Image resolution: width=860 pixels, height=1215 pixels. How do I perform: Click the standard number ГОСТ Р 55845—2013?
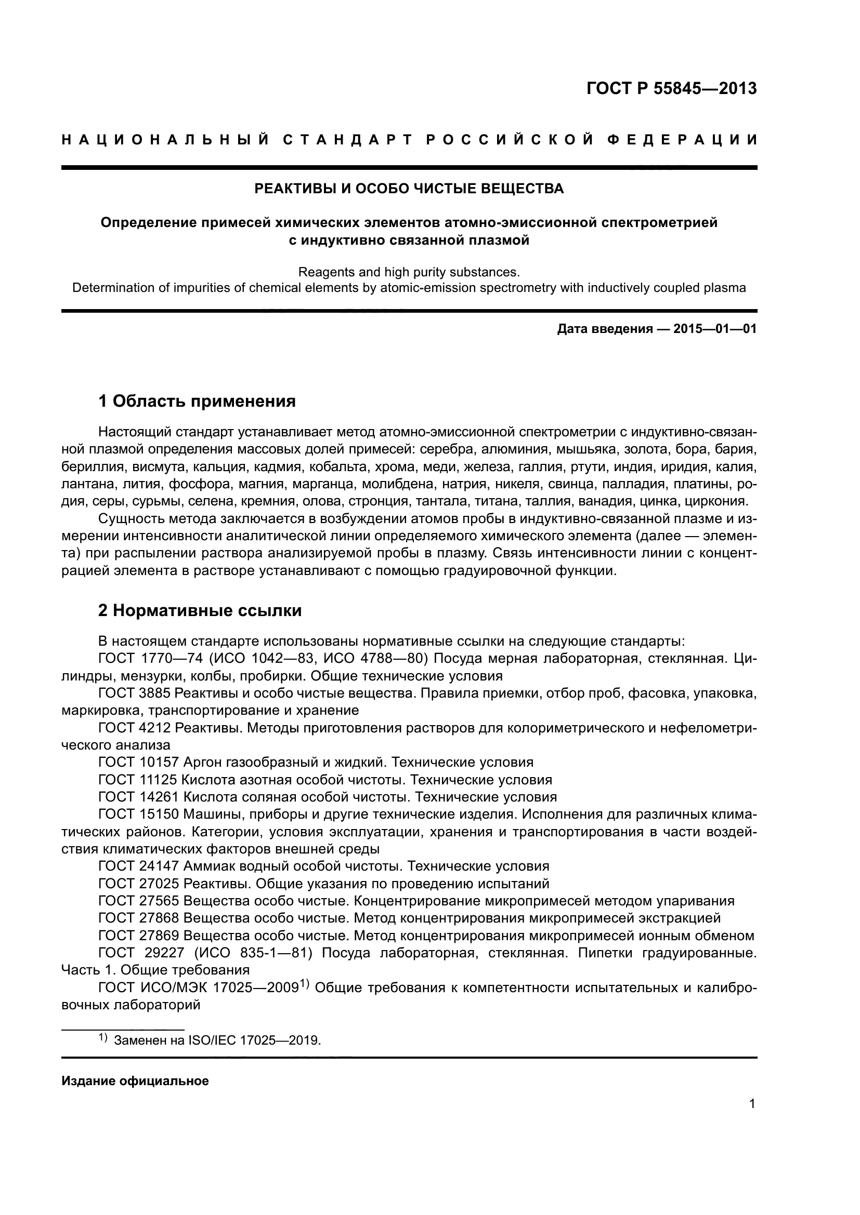[671, 88]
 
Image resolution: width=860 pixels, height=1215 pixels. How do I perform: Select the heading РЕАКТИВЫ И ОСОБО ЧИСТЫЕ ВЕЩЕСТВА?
[409, 189]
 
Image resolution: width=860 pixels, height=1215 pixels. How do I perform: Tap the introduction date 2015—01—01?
[714, 329]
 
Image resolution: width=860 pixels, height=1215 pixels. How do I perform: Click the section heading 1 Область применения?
[197, 401]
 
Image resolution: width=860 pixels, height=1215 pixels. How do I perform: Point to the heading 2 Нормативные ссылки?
[200, 610]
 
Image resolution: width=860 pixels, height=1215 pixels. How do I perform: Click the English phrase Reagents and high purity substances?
[409, 272]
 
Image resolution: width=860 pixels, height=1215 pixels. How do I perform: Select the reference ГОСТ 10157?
[139, 762]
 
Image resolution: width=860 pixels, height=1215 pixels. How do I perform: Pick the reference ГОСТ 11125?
[139, 780]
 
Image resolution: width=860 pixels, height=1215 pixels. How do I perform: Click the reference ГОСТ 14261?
[139, 797]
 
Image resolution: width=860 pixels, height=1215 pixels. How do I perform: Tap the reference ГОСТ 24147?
[139, 866]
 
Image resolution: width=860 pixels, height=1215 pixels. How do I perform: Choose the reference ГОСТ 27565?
[139, 901]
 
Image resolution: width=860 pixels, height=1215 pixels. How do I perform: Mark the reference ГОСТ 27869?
[139, 936]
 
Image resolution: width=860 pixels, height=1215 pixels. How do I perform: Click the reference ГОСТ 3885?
[135, 693]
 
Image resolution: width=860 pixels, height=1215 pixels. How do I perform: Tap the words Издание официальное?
[135, 1080]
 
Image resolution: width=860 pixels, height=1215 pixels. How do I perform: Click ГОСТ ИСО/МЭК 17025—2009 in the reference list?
[199, 987]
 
